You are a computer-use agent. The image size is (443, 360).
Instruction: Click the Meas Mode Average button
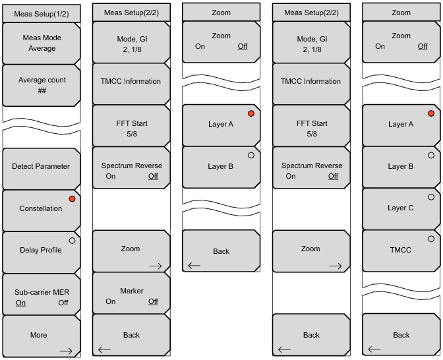[42, 44]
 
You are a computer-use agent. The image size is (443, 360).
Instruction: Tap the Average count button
[42, 85]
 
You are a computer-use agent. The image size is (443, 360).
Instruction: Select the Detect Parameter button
[41, 166]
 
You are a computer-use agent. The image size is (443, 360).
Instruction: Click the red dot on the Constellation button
[72, 198]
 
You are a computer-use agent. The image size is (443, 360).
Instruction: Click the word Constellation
[41, 208]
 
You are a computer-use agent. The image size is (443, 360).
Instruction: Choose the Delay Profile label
[41, 250]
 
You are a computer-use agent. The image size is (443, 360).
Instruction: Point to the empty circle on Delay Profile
[72, 240]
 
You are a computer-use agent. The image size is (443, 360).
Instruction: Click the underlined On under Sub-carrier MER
[20, 303]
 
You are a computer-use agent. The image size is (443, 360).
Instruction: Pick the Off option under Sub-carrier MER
[63, 303]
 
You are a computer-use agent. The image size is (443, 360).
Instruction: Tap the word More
[39, 335]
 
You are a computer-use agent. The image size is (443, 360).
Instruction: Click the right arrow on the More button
[65, 351]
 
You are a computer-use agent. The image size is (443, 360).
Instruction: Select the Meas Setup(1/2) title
[42, 12]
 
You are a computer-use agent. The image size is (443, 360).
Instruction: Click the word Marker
[132, 291]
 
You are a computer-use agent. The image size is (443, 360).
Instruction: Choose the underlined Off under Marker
[153, 301]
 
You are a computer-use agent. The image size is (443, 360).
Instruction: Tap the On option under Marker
[111, 301]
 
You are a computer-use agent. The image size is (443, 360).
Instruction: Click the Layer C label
[401, 208]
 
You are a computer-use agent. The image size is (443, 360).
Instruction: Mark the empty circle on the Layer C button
[431, 197]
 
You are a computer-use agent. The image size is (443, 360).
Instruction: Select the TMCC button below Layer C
[401, 250]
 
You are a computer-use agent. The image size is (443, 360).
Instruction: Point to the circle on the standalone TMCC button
[431, 239]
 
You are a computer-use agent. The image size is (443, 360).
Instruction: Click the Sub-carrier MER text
[42, 292]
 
